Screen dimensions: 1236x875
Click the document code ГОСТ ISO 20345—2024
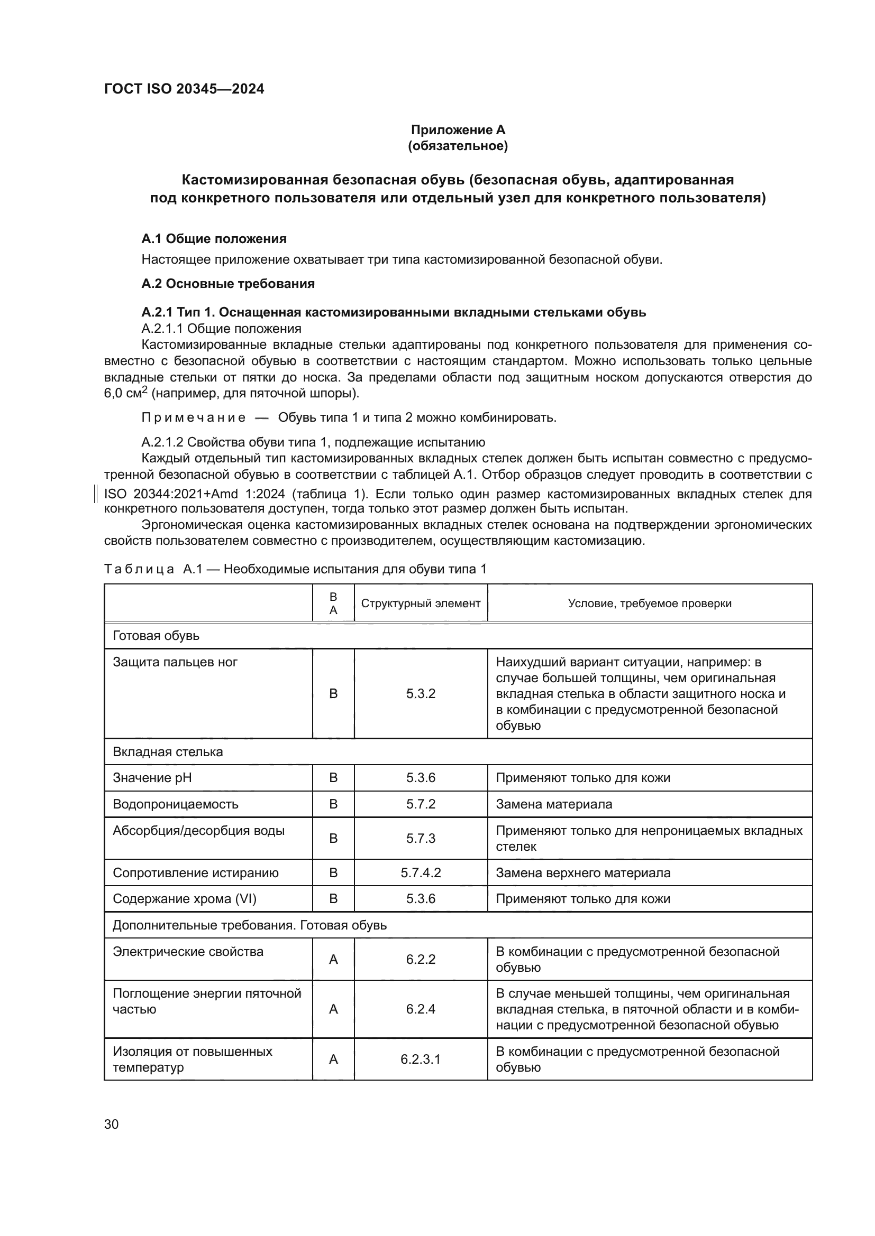coord(184,89)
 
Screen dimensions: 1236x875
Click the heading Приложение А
coord(458,130)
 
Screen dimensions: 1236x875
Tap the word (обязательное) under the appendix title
coord(458,146)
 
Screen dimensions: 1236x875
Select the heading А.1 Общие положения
coord(214,239)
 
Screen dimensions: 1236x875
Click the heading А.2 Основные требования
coord(228,284)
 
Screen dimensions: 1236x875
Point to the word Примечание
coord(194,418)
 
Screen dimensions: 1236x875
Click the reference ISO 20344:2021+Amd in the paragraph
coord(170,494)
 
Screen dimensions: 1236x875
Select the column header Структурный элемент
coord(420,603)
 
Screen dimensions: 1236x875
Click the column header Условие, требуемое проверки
coord(649,603)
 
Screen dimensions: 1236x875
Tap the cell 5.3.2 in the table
coord(420,694)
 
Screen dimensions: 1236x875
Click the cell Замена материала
coord(553,804)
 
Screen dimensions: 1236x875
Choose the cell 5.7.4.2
coord(420,872)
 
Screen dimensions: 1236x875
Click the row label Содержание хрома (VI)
coord(184,899)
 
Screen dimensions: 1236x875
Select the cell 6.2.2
coord(420,959)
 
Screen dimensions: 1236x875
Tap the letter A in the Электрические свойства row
coord(333,959)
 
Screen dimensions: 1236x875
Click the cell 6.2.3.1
coord(420,1060)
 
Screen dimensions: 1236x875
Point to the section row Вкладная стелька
coord(168,752)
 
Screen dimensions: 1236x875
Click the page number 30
coord(112,1125)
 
